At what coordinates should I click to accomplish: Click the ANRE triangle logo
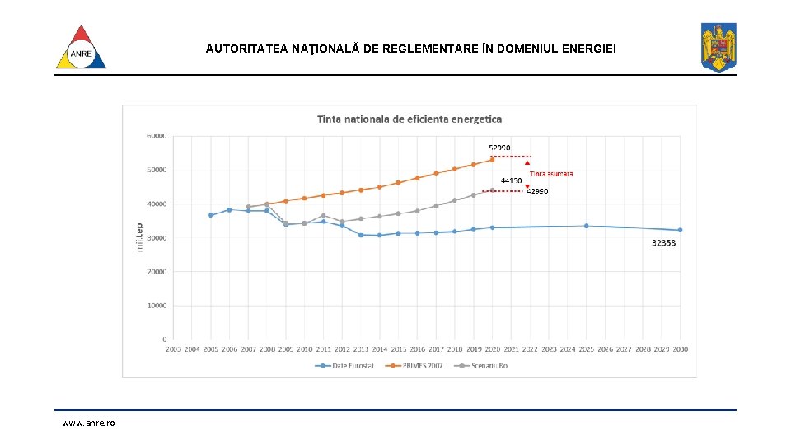(x=81, y=48)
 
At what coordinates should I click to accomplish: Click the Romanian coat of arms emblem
(x=718, y=47)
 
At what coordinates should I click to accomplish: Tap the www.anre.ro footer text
(x=88, y=423)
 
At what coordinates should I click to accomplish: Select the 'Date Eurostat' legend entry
(x=345, y=365)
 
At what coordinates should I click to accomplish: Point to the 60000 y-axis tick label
(x=157, y=135)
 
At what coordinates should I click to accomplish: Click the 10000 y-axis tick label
(x=157, y=305)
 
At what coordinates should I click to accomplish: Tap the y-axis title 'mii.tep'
(x=139, y=237)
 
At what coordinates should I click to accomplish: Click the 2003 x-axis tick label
(x=173, y=349)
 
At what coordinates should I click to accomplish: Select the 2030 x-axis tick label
(x=680, y=349)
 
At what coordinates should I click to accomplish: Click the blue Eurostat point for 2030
(x=680, y=230)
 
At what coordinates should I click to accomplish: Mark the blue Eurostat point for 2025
(x=586, y=226)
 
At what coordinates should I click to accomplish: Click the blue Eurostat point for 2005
(x=211, y=215)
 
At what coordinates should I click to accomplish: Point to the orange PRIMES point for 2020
(x=493, y=159)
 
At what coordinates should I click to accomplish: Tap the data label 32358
(x=663, y=243)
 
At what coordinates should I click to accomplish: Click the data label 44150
(x=511, y=180)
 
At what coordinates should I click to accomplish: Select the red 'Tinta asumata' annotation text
(x=551, y=174)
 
